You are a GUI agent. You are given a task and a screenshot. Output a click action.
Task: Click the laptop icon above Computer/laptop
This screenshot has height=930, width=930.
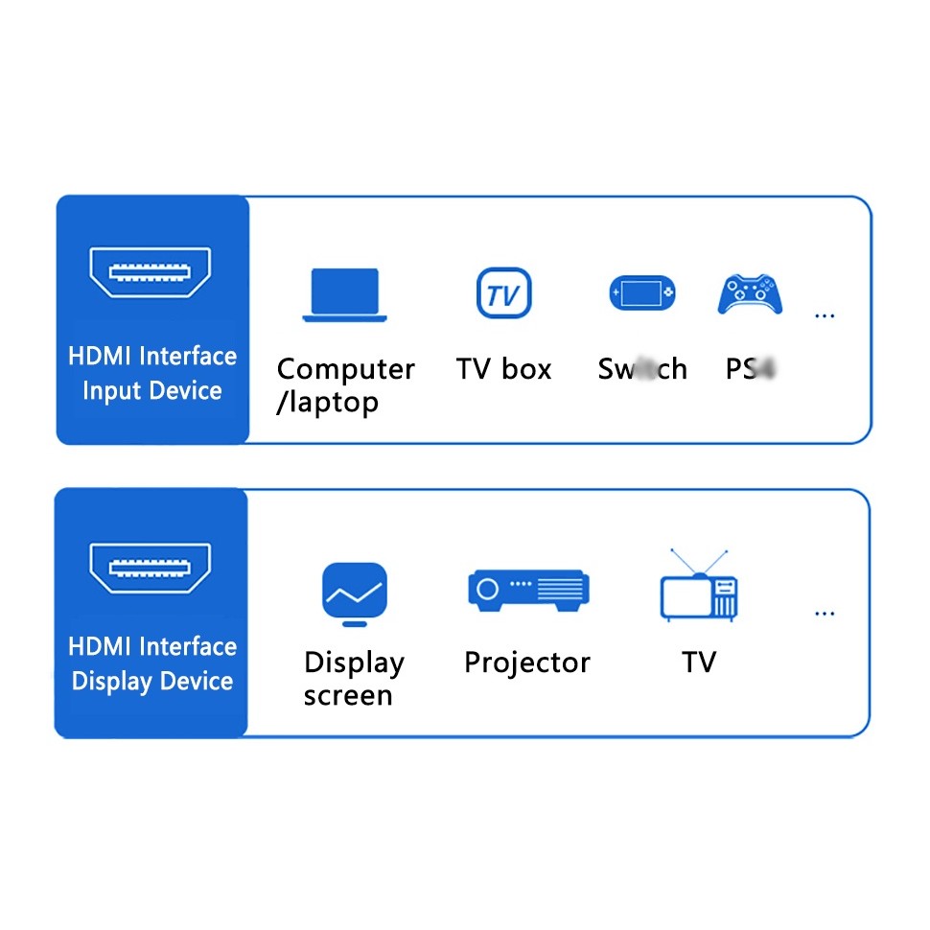(x=344, y=294)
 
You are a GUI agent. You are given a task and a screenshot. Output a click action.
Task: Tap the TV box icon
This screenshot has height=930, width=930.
(x=503, y=293)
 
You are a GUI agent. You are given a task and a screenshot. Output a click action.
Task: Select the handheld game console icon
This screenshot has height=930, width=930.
(x=641, y=293)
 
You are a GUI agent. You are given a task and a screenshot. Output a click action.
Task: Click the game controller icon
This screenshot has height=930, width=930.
(x=752, y=294)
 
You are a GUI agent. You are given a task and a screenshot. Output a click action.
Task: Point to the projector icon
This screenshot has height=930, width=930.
(x=527, y=587)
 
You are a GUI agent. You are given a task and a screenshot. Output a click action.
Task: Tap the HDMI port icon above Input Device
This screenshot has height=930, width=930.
(x=151, y=271)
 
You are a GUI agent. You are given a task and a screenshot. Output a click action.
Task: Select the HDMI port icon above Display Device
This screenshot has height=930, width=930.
(x=151, y=568)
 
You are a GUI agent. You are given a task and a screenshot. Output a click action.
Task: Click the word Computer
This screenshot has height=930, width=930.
(x=345, y=369)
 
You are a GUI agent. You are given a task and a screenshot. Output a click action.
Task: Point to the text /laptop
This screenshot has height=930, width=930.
(x=327, y=403)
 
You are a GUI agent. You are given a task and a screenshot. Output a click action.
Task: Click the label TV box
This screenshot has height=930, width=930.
(x=503, y=369)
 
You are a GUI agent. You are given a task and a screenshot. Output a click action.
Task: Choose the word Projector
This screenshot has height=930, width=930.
(x=526, y=663)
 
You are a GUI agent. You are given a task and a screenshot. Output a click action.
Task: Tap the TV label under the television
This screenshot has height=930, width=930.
(x=699, y=663)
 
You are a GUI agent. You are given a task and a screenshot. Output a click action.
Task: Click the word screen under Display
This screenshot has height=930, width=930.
(x=348, y=696)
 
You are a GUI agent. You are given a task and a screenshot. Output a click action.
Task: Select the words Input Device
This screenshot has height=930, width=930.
(x=151, y=391)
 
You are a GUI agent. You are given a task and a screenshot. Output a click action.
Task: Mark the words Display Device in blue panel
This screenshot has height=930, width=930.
(x=151, y=682)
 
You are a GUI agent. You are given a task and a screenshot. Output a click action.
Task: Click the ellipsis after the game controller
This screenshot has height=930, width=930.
(x=824, y=315)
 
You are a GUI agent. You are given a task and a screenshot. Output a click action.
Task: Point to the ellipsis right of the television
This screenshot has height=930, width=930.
(x=824, y=614)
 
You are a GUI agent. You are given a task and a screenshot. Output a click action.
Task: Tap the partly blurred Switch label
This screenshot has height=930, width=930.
(x=642, y=369)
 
